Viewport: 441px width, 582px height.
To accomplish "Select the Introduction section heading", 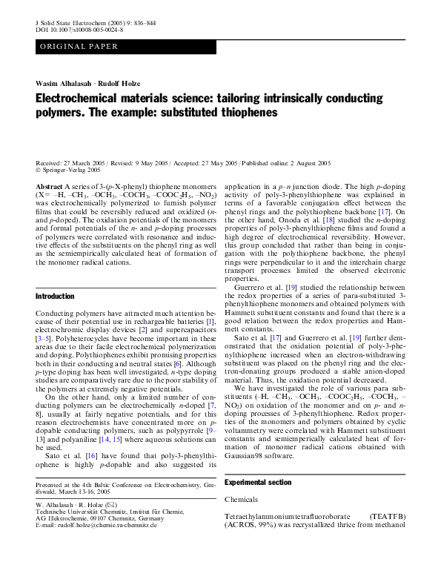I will [55, 297].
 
